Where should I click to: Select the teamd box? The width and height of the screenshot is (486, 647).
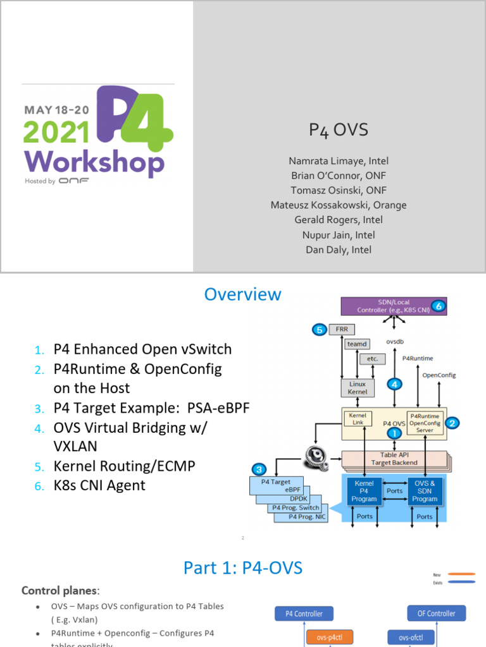tap(357, 344)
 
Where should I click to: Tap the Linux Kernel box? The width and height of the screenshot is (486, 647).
tap(358, 387)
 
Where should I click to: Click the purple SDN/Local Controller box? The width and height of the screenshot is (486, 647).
tap(394, 306)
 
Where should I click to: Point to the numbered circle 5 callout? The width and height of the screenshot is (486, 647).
tap(320, 329)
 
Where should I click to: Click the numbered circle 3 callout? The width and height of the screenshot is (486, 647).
tap(259, 469)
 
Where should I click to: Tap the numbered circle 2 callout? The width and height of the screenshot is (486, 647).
tap(452, 423)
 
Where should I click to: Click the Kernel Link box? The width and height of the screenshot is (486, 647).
tap(358, 419)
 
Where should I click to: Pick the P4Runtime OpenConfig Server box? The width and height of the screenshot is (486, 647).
tap(425, 423)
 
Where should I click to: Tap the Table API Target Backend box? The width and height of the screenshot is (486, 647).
tap(395, 458)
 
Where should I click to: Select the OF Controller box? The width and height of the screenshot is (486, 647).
tap(437, 614)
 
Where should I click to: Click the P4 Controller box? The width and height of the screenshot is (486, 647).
tap(304, 614)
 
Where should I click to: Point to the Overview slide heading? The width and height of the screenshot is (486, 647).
tap(242, 294)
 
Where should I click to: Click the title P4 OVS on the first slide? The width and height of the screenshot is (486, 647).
tap(338, 130)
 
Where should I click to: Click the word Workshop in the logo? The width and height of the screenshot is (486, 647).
tap(94, 163)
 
